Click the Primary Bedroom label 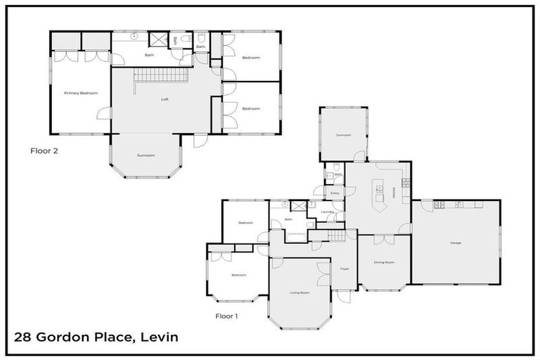click(80, 93)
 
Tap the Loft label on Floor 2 click(165, 99)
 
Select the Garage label click(456, 243)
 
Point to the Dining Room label click(384, 262)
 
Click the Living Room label click(300, 292)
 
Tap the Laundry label click(326, 211)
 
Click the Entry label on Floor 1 click(335, 193)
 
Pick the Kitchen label click(394, 191)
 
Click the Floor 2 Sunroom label click(146, 155)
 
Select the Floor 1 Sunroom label click(343, 135)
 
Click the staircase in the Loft click(162, 75)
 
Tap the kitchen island click(380, 198)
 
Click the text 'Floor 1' click(226, 316)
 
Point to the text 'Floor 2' click(44, 150)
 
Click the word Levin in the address click(159, 337)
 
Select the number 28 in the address click(23, 337)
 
